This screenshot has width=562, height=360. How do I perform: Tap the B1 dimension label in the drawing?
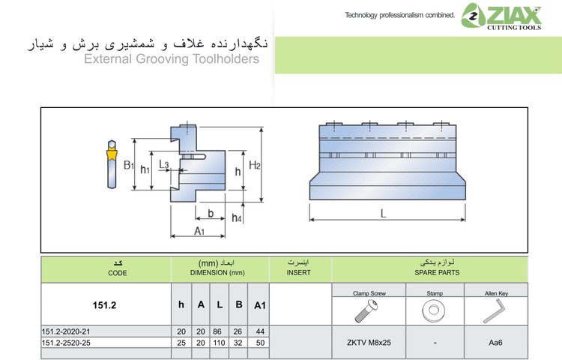coord(129,165)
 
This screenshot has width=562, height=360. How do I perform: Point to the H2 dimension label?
coord(255,165)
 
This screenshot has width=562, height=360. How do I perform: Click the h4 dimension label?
coord(237,217)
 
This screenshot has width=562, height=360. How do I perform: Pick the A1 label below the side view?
coord(200,232)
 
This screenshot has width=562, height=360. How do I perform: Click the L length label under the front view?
coord(383,213)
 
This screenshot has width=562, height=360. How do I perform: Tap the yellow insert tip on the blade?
coord(111,155)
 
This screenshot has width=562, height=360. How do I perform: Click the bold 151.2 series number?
coord(106,305)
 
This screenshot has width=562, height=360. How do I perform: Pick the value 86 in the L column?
coord(219,331)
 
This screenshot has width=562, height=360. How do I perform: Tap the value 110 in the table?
coord(219,342)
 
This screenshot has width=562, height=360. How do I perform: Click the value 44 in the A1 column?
coord(259,331)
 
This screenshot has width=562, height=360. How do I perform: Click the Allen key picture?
coord(495,310)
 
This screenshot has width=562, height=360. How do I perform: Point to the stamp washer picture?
coord(434,310)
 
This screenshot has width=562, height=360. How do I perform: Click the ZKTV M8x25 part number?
coord(369,343)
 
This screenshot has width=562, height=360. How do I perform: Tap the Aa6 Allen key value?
coord(495,343)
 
